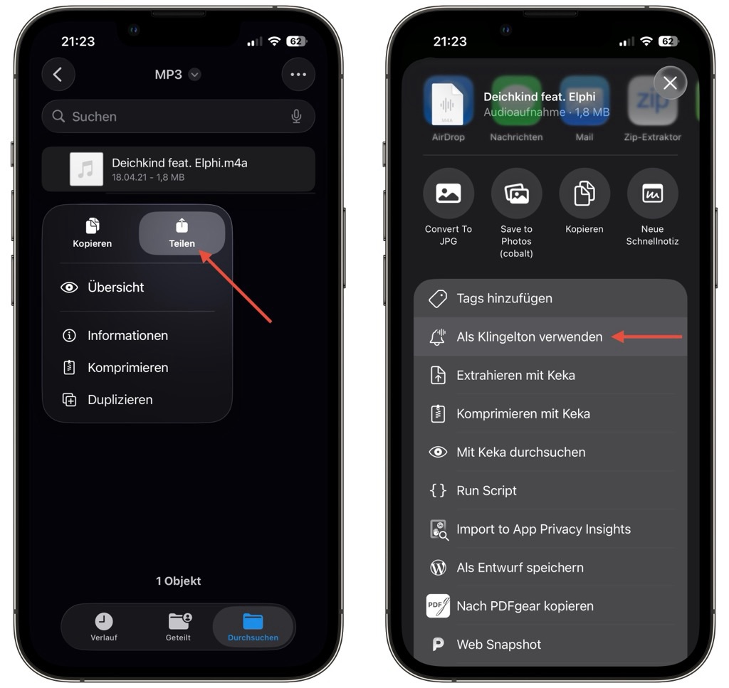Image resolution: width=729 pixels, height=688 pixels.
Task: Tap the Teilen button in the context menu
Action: pos(182,233)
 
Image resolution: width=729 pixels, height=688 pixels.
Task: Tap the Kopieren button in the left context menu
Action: pos(92,233)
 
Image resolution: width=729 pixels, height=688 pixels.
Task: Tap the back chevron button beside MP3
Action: pos(58,74)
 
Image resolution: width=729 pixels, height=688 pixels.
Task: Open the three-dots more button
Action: pos(298,74)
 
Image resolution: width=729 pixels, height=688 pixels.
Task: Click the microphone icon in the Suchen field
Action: pos(296,116)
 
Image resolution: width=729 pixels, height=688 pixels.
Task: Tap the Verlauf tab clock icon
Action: pos(104,621)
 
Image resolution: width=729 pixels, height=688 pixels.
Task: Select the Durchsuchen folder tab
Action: pos(253,627)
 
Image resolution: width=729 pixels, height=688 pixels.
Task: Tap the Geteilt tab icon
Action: pos(179,621)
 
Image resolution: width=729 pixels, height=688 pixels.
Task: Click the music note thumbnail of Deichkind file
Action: pos(86,169)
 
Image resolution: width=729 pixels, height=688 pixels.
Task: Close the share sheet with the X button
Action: pos(670,83)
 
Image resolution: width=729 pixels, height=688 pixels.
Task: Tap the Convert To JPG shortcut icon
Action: pos(449,194)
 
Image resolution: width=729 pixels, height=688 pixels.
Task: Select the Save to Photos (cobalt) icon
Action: pos(517,194)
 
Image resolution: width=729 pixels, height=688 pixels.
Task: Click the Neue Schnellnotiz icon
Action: pos(652,194)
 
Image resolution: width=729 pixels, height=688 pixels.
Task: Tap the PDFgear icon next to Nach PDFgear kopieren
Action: pos(438,605)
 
